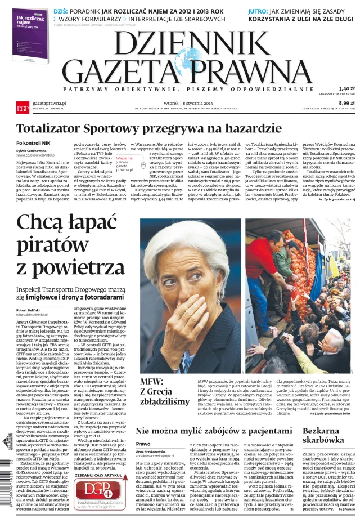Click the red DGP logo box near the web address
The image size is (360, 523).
pos(22,108)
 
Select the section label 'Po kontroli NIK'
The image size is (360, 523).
pos(35,144)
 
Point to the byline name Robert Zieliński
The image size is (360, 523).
pos(30,310)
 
